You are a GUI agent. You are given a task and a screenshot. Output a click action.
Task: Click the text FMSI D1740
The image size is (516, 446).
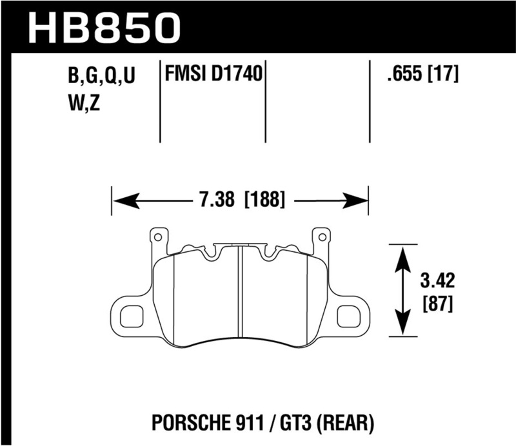point(213,75)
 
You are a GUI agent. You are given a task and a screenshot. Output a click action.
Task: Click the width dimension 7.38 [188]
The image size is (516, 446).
point(240,200)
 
